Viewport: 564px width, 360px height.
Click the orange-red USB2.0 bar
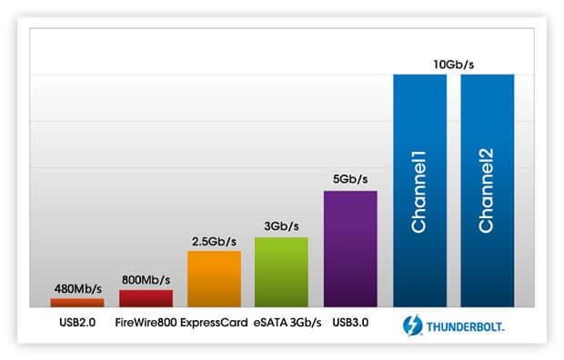[x=77, y=303]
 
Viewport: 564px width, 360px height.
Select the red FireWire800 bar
[x=146, y=298]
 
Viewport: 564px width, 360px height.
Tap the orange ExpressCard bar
[x=214, y=279]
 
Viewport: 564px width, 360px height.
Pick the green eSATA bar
[x=281, y=272]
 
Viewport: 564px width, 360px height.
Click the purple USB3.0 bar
[x=350, y=249]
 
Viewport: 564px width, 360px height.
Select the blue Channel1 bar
[x=419, y=191]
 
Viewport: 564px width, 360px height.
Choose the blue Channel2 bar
[x=488, y=191]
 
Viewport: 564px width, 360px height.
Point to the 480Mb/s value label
[x=78, y=289]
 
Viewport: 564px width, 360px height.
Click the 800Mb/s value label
[x=146, y=280]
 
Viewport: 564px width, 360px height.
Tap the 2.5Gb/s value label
[x=214, y=242]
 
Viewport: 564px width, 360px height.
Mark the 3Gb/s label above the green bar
[x=281, y=226]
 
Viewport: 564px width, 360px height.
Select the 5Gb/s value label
[x=350, y=179]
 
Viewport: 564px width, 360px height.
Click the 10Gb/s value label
[x=454, y=65]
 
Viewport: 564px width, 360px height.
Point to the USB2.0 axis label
[x=77, y=323]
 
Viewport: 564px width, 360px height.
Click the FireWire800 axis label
[x=146, y=323]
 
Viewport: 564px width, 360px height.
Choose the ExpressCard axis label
[x=214, y=323]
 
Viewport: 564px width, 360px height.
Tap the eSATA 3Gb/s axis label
[x=287, y=323]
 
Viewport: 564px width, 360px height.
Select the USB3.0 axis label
[x=350, y=323]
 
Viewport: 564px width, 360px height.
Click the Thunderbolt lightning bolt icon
[x=413, y=325]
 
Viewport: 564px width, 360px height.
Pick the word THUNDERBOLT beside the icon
[x=465, y=327]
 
